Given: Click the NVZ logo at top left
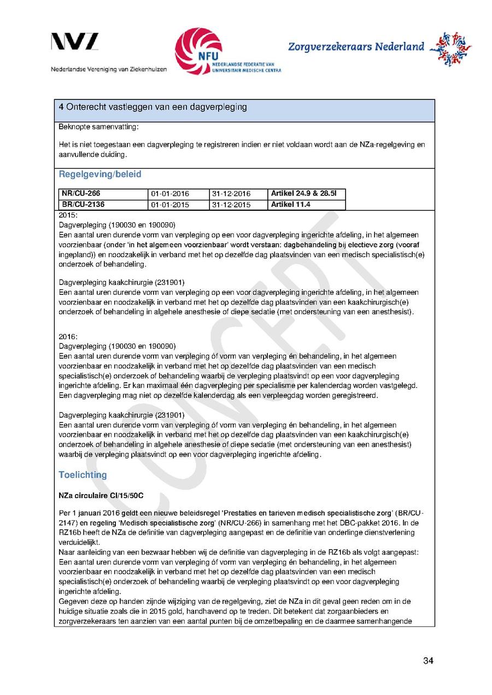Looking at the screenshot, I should [x=75, y=43].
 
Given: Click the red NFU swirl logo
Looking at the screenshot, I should [x=198, y=51].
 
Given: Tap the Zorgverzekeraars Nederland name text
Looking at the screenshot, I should [x=356, y=47].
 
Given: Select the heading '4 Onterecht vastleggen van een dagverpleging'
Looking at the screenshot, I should [x=153, y=107].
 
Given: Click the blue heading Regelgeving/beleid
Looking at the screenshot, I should [x=100, y=174].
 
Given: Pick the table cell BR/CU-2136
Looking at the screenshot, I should [x=83, y=205].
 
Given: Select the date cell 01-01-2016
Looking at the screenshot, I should [x=170, y=194].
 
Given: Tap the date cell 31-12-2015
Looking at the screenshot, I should [x=231, y=205].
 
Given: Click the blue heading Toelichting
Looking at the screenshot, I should [x=83, y=475].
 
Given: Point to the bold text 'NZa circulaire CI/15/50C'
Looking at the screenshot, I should [x=101, y=496].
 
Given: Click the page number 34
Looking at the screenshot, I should [x=428, y=661].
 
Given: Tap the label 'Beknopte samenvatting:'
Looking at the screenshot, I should [x=91, y=127].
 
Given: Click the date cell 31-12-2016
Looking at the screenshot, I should [x=231, y=194].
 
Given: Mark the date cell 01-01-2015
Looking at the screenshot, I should [x=170, y=205].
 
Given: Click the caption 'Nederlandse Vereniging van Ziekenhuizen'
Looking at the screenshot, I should [x=109, y=69].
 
